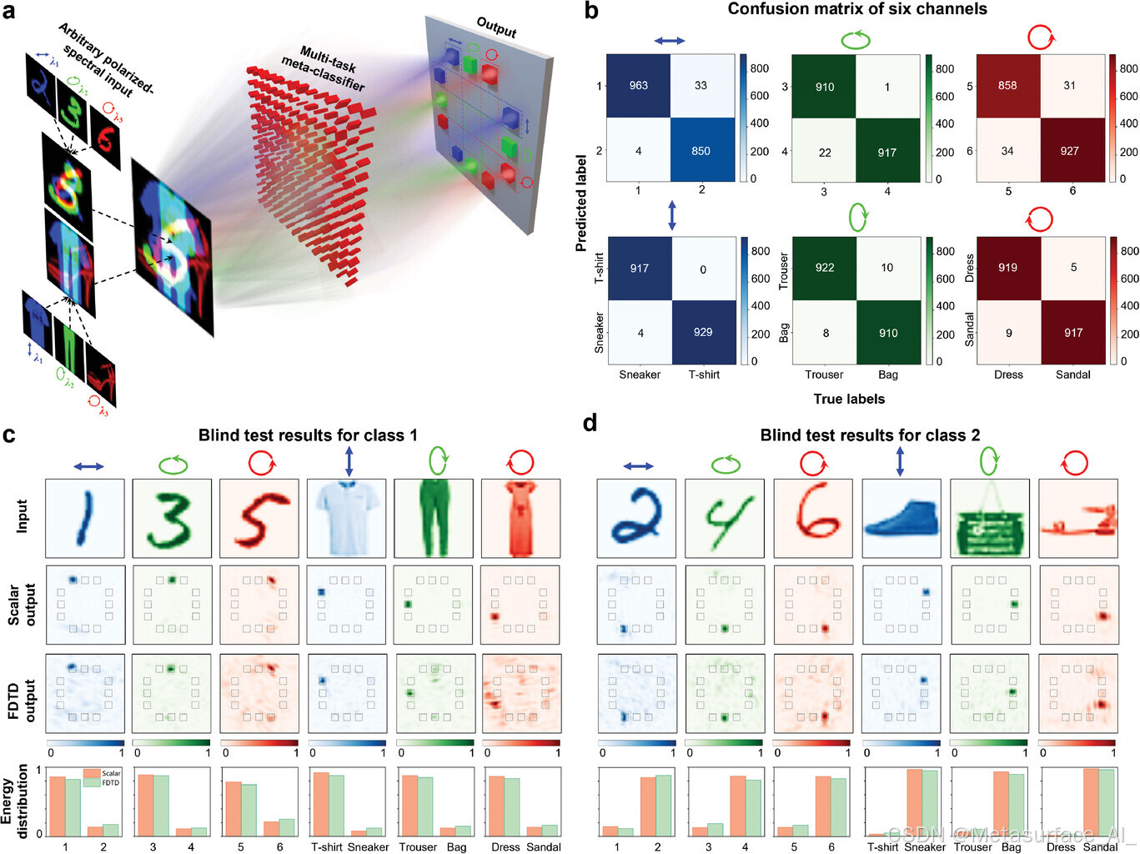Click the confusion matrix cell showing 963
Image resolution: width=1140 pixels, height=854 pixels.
pyautogui.click(x=638, y=85)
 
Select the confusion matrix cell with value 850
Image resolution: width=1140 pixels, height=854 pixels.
pyautogui.click(x=701, y=151)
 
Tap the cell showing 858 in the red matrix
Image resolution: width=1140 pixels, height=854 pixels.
pyautogui.click(x=1007, y=85)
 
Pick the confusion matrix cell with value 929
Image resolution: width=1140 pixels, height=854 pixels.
pyautogui.click(x=703, y=332)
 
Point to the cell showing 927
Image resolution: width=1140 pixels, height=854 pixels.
pyautogui.click(x=1069, y=151)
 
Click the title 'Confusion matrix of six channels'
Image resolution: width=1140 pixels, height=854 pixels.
pyautogui.click(x=857, y=9)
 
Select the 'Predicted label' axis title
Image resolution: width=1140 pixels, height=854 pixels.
pyautogui.click(x=581, y=203)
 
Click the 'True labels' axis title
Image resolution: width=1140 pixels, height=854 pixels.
pyautogui.click(x=849, y=399)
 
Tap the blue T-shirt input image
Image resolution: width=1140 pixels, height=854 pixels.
pyautogui.click(x=346, y=518)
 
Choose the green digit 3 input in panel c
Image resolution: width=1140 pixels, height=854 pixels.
pyautogui.click(x=172, y=518)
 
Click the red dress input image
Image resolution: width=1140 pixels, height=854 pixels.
pyautogui.click(x=520, y=518)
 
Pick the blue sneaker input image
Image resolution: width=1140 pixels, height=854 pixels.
pyautogui.click(x=901, y=518)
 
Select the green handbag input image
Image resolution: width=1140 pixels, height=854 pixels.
pyautogui.click(x=989, y=518)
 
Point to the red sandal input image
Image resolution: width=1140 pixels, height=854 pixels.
pyautogui.click(x=1077, y=518)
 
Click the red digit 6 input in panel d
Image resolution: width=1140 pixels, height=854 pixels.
pyautogui.click(x=813, y=518)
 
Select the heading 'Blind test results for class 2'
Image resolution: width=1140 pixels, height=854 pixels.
pyautogui.click(x=870, y=435)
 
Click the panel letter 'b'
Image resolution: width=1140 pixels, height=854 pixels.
pyautogui.click(x=591, y=11)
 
